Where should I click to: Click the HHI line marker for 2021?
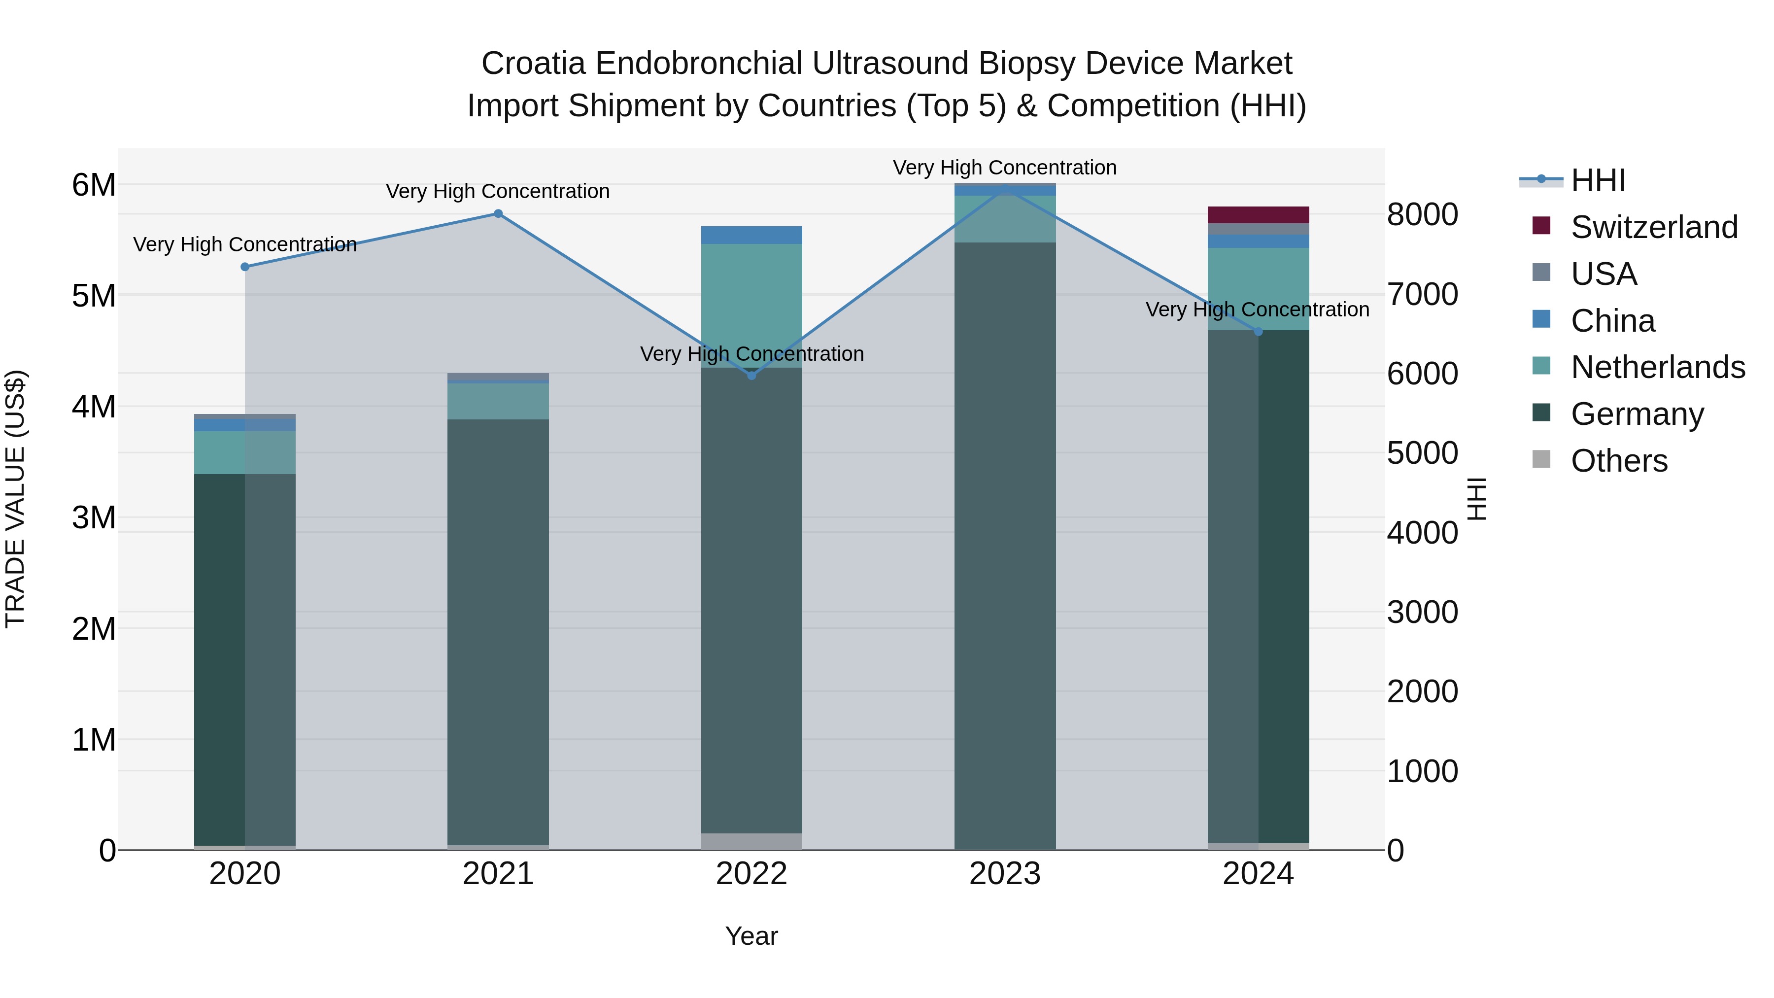[x=498, y=213]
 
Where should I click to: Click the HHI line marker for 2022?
[x=751, y=376]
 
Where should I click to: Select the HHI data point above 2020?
[x=245, y=267]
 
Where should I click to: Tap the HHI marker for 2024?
[x=1258, y=331]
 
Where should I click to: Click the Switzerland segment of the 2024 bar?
[x=1258, y=214]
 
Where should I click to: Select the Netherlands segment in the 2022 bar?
[x=751, y=305]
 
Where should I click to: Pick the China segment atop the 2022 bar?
[x=751, y=235]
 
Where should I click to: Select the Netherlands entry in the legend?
[x=1658, y=367]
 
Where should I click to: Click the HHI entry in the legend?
[x=1598, y=180]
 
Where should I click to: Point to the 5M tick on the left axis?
[x=94, y=296]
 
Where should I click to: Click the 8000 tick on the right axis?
[x=1422, y=214]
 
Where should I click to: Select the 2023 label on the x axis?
[x=1005, y=874]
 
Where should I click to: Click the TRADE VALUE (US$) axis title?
[x=15, y=499]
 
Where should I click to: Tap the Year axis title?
[x=751, y=936]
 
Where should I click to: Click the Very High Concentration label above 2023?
[x=1005, y=168]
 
